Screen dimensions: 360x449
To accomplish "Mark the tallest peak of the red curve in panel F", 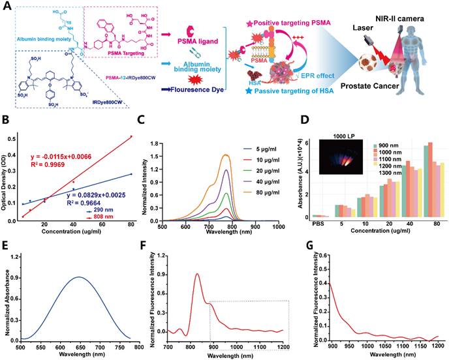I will click(197, 274).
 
